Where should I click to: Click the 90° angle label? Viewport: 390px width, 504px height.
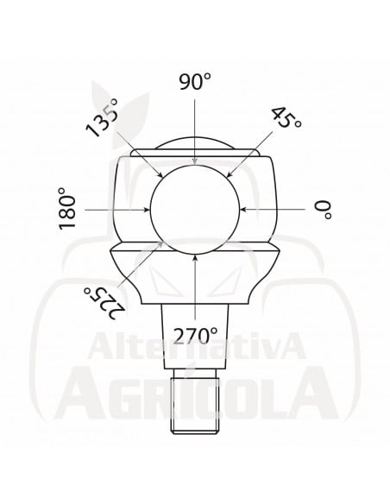[x=195, y=83]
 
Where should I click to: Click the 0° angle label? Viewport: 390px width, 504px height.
[x=324, y=209]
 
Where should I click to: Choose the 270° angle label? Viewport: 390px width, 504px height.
[x=195, y=334]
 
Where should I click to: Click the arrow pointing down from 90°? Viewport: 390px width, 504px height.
[x=196, y=129]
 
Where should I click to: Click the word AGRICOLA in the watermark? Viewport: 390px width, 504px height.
[x=195, y=393]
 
